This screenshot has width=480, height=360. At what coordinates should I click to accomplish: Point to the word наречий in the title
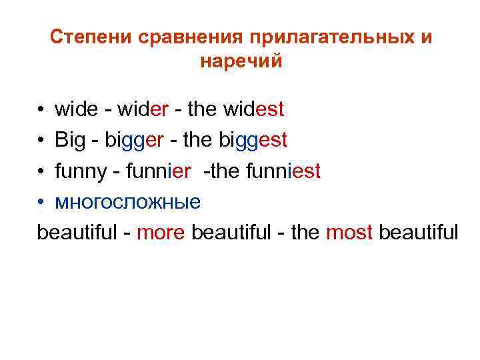tap(241, 61)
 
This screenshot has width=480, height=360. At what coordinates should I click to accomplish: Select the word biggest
tap(253, 140)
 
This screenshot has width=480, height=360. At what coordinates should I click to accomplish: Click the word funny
tap(81, 171)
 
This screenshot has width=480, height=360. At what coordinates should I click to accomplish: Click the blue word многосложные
tap(127, 202)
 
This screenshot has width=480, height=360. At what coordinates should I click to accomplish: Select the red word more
tap(161, 233)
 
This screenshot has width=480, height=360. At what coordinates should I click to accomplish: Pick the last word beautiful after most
tap(418, 233)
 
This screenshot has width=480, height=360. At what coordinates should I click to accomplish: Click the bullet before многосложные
tap(41, 203)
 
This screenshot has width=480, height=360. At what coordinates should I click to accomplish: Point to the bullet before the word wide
tap(41, 109)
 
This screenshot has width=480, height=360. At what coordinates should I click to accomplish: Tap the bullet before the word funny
tap(41, 172)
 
